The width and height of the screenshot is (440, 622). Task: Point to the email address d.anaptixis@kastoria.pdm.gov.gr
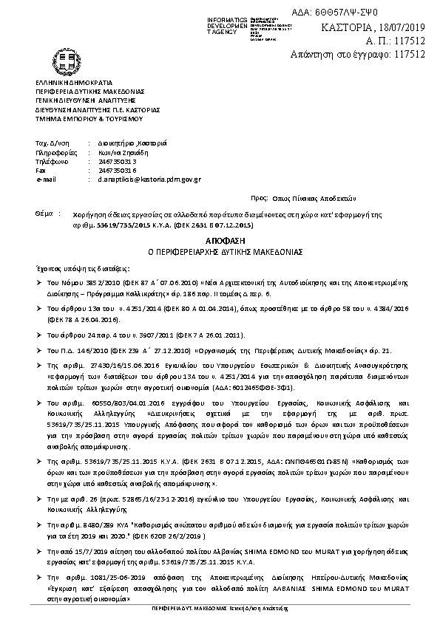tap(144, 179)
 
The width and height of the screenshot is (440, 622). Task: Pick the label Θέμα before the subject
tap(45, 212)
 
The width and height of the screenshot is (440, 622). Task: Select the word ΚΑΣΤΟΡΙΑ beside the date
tap(346, 27)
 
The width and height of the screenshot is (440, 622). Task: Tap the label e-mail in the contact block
tap(45, 179)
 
